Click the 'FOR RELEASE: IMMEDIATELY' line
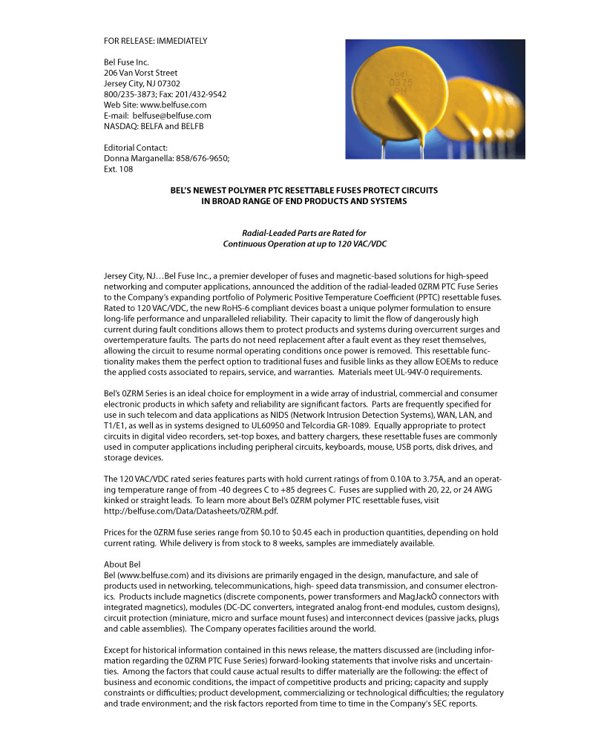pos(155,41)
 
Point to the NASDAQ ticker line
pos(154,126)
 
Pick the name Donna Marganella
pos(140,158)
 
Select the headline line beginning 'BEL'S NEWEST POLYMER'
pos(304,191)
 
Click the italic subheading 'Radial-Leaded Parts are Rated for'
pos(304,233)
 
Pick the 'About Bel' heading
pos(122,565)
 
